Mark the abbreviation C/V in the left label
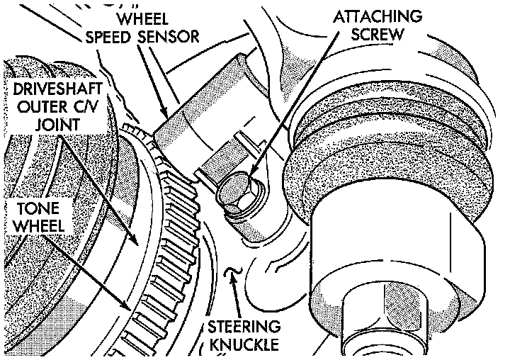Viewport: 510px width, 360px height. pos(89,108)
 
